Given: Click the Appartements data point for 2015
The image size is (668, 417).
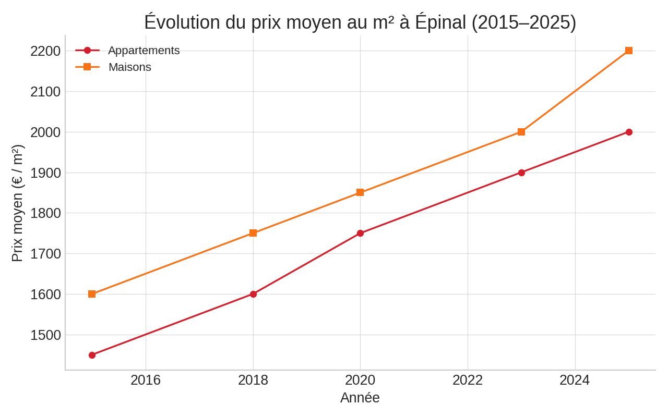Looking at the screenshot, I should [92, 355].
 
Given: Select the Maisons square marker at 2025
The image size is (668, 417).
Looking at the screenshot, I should [628, 51].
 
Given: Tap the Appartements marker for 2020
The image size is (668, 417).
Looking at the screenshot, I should [360, 233].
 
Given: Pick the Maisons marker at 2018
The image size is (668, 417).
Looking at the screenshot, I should [253, 233].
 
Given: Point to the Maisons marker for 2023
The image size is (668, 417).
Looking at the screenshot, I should [521, 132].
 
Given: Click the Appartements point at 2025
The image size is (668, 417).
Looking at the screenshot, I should [628, 132].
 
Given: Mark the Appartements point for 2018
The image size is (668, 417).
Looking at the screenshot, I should [253, 294].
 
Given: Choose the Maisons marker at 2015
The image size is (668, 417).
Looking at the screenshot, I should [92, 294].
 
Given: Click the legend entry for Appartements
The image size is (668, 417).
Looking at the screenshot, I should [144, 51].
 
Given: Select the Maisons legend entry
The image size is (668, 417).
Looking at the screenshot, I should [129, 67].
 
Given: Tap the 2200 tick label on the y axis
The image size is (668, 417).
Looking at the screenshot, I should [45, 51].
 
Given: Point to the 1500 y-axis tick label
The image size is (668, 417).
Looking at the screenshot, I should [45, 335].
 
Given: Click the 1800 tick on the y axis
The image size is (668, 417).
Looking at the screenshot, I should [45, 213].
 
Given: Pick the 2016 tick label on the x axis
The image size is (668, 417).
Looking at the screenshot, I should [146, 380].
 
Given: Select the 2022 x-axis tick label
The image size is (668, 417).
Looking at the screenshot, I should [468, 380].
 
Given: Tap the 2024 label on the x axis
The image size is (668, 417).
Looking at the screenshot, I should [575, 380].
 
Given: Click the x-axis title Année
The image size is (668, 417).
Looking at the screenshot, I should [360, 398].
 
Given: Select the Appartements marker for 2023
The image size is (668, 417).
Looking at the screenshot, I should [521, 173].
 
